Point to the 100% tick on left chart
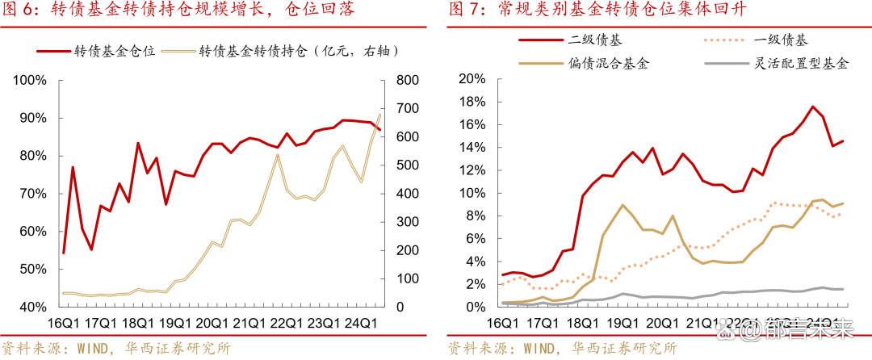click(30, 80)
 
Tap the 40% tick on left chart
click(32, 307)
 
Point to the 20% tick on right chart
click(471, 78)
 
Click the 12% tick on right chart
click(471, 170)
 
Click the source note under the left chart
click(117, 348)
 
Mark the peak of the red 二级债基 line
click(812, 107)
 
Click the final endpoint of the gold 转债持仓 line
click(380, 114)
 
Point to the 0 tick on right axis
click(401, 307)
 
